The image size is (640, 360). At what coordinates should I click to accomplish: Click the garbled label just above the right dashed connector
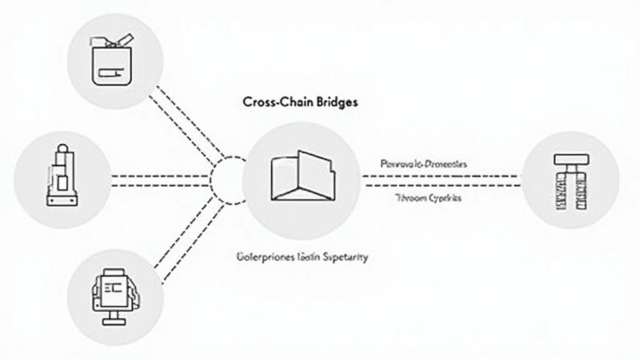coord(423,164)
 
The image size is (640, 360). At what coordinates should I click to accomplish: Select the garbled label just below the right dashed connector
coord(428,197)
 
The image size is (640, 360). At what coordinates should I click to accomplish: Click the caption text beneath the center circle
coord(301,257)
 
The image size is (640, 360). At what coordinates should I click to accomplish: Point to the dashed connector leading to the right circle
coord(441,181)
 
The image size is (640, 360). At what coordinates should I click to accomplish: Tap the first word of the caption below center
coord(258,257)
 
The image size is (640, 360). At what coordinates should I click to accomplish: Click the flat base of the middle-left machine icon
coord(62,201)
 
